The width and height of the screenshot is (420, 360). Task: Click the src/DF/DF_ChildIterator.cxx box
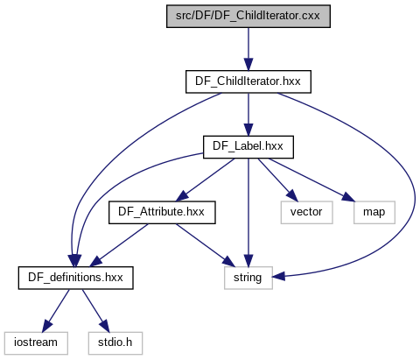pyautogui.click(x=248, y=17)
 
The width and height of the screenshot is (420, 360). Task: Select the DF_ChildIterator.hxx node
pyautogui.click(x=248, y=81)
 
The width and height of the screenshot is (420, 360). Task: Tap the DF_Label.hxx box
pyautogui.click(x=248, y=147)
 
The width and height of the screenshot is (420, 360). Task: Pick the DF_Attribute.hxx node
pyautogui.click(x=162, y=213)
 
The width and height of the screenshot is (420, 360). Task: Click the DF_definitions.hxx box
pyautogui.click(x=75, y=278)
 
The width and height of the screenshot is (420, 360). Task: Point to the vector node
pyautogui.click(x=306, y=213)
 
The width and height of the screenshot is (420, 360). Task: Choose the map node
pyautogui.click(x=374, y=213)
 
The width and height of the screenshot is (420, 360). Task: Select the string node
pyautogui.click(x=248, y=278)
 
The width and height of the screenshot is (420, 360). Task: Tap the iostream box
pyautogui.click(x=36, y=343)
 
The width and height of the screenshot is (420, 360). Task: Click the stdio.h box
pyautogui.click(x=115, y=343)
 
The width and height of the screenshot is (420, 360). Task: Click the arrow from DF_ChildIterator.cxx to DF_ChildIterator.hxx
pyautogui.click(x=248, y=49)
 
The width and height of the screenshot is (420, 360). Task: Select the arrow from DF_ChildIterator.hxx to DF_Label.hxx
pyautogui.click(x=248, y=115)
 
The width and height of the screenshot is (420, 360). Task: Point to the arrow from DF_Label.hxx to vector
pyautogui.click(x=278, y=180)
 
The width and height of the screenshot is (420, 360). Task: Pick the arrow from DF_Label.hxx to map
pyautogui.click(x=312, y=180)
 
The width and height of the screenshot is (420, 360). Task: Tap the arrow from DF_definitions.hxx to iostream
pyautogui.click(x=56, y=311)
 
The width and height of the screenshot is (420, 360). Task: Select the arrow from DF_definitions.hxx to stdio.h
pyautogui.click(x=95, y=311)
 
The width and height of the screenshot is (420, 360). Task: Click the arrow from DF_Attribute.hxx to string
pyautogui.click(x=206, y=245)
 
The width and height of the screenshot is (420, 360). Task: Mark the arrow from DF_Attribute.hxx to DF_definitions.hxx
pyautogui.click(x=119, y=245)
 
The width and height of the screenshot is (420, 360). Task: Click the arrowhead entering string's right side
pyautogui.click(x=279, y=276)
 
